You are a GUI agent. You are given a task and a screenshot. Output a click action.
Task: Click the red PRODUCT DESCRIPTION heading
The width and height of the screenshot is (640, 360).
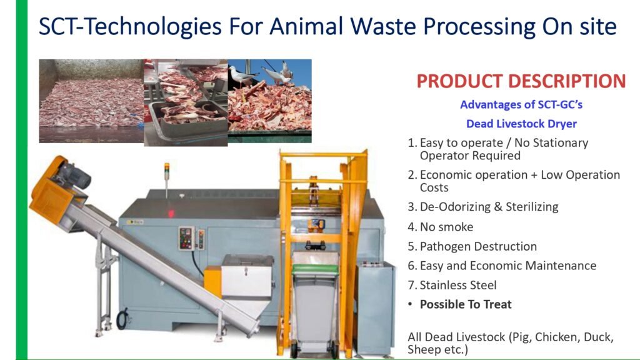(x=521, y=81)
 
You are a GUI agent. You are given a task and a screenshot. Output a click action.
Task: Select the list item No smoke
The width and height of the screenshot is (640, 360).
(x=446, y=227)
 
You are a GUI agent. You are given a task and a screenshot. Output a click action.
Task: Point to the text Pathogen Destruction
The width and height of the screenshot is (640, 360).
(x=478, y=246)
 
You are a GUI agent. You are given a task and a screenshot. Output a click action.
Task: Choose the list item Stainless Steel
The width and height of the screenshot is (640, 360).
(x=458, y=285)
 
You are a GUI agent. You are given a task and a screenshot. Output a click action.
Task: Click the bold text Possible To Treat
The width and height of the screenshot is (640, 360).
(x=466, y=304)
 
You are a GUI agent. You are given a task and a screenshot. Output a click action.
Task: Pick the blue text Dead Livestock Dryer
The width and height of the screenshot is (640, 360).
(x=522, y=124)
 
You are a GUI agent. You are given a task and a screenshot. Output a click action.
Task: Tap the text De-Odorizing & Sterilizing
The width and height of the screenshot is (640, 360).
(x=489, y=207)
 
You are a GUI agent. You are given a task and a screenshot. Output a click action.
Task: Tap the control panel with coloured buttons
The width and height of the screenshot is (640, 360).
(x=186, y=238)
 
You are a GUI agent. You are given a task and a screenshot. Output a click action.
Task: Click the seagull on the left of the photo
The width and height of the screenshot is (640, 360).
(x=243, y=76)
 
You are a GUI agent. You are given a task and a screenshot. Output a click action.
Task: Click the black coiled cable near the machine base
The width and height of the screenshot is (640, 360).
(x=123, y=319)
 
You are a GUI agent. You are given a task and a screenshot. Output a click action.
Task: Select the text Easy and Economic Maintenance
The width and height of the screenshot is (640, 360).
(x=508, y=266)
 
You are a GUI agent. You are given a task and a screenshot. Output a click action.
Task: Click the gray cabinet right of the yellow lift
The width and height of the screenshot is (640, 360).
(x=375, y=308)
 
